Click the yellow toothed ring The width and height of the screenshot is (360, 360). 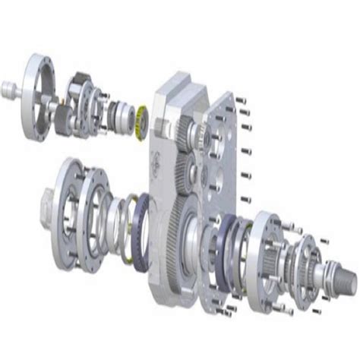140,120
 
